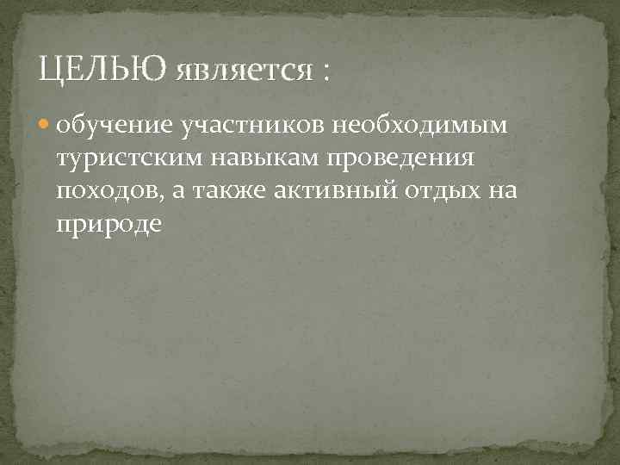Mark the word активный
point(338,192)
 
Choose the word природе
point(108,224)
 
